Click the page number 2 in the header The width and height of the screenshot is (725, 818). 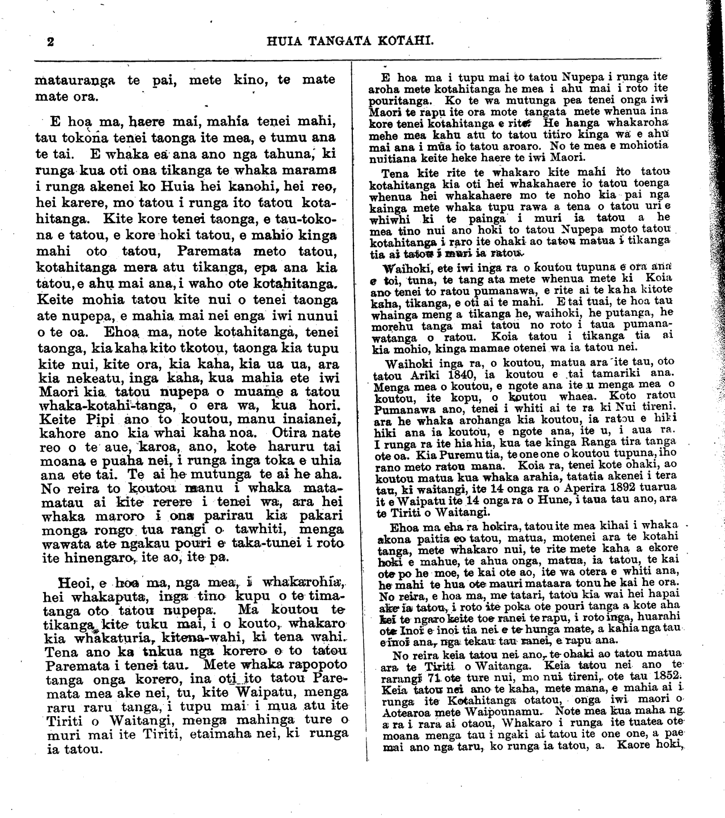50,41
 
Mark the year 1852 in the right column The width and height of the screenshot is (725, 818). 666,676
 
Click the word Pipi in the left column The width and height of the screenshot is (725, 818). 103,419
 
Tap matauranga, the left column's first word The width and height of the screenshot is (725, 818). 74,80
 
